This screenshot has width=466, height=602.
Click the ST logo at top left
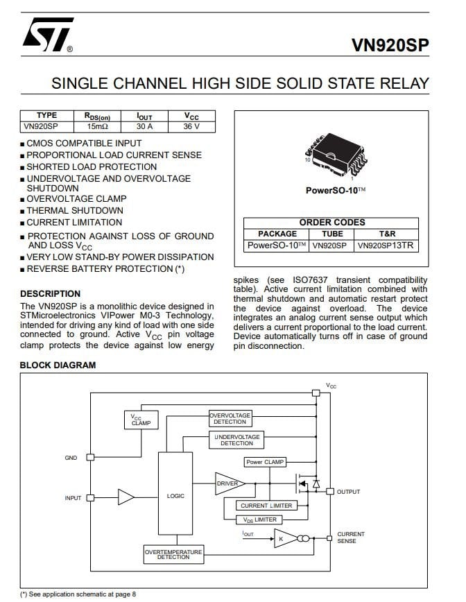pyautogui.click(x=48, y=34)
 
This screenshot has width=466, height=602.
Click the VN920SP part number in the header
pyautogui.click(x=390, y=45)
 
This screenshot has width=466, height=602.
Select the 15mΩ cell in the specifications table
pyautogui.click(x=98, y=127)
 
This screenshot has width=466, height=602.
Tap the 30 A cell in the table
pyautogui.click(x=144, y=127)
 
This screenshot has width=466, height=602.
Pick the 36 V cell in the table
pyautogui.click(x=191, y=127)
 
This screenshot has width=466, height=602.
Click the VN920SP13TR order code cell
pyautogui.click(x=386, y=246)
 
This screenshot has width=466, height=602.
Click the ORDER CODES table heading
pyautogui.click(x=332, y=223)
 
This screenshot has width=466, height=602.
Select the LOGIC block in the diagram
pyautogui.click(x=175, y=493)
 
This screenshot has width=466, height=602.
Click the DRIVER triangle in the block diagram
pyautogui.click(x=228, y=483)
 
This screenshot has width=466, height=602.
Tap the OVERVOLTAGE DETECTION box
pyautogui.click(x=230, y=418)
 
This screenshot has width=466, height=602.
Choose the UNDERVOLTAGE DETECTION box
pyautogui.click(x=237, y=440)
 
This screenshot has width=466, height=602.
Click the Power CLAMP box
pyautogui.click(x=265, y=462)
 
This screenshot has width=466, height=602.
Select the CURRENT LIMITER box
pyautogui.click(x=266, y=506)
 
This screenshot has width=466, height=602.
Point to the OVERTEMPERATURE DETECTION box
pyautogui.click(x=173, y=554)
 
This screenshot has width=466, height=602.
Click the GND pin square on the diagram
pyautogui.click(x=90, y=457)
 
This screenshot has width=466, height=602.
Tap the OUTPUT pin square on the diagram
pyautogui.click(x=329, y=492)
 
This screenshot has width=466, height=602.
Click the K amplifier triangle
pyautogui.click(x=284, y=538)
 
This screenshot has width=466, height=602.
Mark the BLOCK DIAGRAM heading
pyautogui.click(x=58, y=365)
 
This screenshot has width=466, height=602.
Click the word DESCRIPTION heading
pyautogui.click(x=51, y=293)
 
